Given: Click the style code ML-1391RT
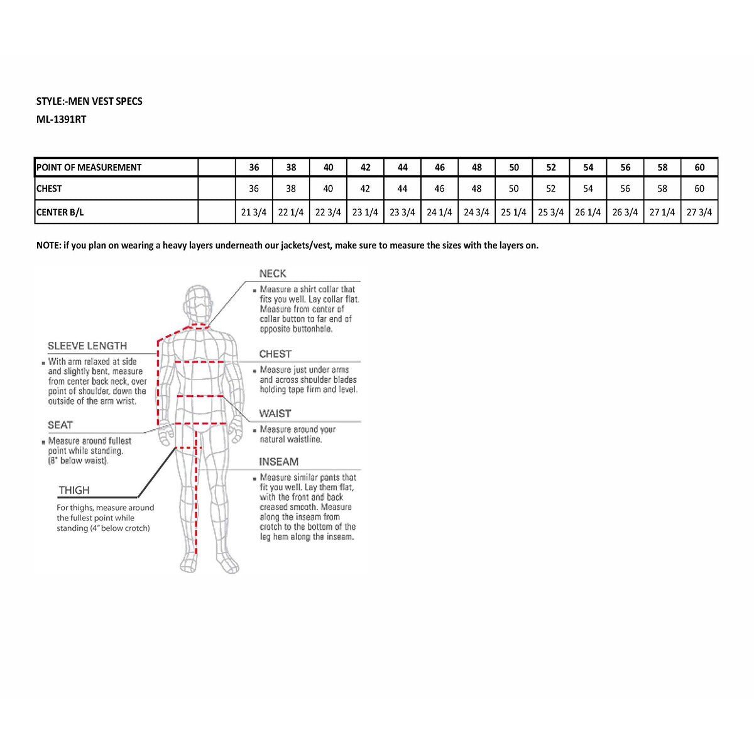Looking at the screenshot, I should tap(61, 119).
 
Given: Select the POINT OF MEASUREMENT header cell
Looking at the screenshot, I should tap(89, 167).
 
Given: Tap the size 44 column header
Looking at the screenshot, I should tap(403, 167).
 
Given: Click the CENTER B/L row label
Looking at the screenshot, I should tap(60, 212).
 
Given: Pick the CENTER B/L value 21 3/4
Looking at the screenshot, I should tap(254, 212).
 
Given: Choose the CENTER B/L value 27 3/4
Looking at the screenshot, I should tap(699, 212).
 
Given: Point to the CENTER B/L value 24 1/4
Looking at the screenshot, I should tap(439, 212).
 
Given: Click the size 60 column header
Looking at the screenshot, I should tap(699, 167).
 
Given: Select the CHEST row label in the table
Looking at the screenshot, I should tap(49, 188).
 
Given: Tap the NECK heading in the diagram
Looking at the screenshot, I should tap(273, 274).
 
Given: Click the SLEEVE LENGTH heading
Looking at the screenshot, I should tap(87, 346).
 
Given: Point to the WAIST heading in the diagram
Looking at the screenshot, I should tap(275, 413).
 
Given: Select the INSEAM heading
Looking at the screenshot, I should tap(278, 462).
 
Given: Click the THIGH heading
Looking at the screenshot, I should tap(74, 491).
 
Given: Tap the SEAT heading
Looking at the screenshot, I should tap(60, 425).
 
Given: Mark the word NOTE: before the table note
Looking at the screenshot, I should tap(48, 246).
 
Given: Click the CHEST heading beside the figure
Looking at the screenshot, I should tap(275, 354).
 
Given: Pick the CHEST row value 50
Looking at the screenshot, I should tap(514, 188).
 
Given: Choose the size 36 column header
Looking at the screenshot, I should tap(254, 167).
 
